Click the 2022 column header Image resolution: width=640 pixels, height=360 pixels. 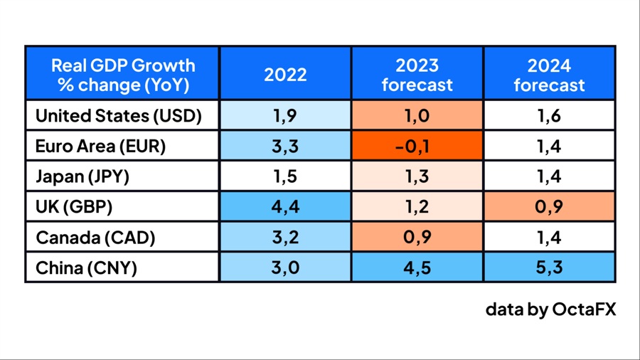285,75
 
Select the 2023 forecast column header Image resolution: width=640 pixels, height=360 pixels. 417,75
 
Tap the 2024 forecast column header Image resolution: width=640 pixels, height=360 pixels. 549,75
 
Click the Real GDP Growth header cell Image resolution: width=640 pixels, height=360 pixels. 123,75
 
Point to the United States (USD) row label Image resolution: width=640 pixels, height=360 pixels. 119,115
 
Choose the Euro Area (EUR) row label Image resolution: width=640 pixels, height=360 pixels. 100,146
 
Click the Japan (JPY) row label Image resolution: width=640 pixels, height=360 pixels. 82,176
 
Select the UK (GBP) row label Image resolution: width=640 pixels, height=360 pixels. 74,206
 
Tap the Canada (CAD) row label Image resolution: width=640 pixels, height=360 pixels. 95,237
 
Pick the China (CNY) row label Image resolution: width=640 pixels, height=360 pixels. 86,268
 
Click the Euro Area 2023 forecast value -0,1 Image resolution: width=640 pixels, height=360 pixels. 417,146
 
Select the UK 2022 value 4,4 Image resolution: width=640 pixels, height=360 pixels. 285,206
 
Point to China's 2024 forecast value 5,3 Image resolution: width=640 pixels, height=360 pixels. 549,268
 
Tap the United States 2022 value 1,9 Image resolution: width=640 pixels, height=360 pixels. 285,115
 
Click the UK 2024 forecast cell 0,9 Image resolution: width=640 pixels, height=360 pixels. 549,206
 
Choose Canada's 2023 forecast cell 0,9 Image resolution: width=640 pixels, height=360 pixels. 417,237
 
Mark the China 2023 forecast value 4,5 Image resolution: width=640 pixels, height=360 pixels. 417,268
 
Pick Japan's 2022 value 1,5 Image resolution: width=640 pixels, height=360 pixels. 285,176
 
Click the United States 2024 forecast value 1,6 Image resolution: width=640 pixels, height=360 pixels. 549,115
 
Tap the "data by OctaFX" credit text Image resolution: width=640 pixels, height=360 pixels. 550,309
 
